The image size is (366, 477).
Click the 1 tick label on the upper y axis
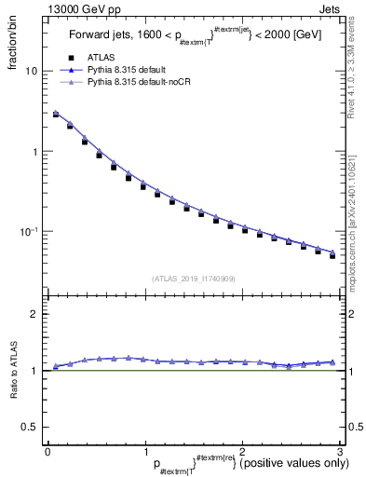point(34,152)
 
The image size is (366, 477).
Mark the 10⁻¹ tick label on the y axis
point(28,231)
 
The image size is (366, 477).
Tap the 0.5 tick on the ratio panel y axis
point(30,427)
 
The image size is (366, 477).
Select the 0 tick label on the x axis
point(47,451)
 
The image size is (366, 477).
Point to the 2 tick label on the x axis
point(242,451)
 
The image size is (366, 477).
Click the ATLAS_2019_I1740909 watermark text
point(194,279)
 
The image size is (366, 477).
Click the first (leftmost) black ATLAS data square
point(55,116)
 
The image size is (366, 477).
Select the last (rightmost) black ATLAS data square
point(332,254)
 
